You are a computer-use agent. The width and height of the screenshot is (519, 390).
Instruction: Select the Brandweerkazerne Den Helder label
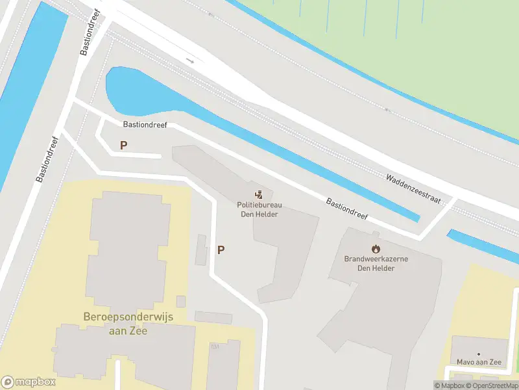[376, 263]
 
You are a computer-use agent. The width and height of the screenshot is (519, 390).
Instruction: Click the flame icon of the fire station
[376, 248]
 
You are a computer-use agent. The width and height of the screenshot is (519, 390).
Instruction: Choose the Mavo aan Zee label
[479, 362]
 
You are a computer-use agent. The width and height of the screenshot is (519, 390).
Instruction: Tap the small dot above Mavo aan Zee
[479, 354]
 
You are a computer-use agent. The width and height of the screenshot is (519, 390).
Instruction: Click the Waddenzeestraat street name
[413, 188]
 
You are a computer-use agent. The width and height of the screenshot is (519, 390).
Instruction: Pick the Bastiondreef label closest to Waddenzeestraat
[346, 208]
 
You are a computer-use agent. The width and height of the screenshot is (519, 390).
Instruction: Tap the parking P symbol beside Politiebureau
[221, 250]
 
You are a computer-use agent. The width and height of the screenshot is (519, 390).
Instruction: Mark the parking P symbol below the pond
[123, 146]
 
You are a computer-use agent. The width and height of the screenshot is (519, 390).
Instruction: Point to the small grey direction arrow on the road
[190, 61]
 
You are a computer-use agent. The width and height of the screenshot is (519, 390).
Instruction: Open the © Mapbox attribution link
[450, 385]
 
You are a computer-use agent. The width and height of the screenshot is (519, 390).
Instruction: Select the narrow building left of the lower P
[201, 250]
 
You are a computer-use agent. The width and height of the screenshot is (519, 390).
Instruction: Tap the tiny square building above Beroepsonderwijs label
[180, 302]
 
